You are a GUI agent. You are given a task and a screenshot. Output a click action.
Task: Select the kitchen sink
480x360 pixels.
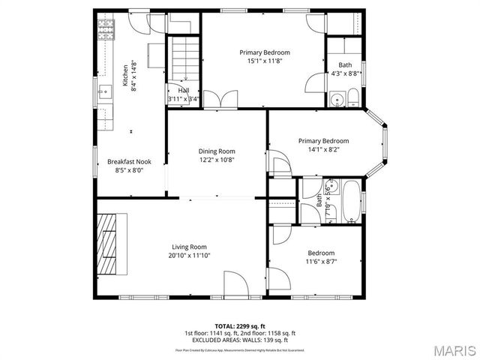pyautogui.click(x=104, y=93)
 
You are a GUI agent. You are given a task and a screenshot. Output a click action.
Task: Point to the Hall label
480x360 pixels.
pyautogui.click(x=184, y=90)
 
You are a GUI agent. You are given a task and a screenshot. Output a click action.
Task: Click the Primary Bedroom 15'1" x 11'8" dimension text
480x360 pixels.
pyautogui.click(x=265, y=61)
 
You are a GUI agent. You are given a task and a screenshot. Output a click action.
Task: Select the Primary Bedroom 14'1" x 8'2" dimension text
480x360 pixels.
pyautogui.click(x=323, y=150)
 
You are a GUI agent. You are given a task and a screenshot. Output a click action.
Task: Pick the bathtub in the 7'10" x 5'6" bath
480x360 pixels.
pyautogui.click(x=351, y=200)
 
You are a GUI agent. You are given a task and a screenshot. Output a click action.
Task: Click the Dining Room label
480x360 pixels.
pyautogui.click(x=217, y=151)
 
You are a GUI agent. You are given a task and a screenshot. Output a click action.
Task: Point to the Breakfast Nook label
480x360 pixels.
pyautogui.click(x=129, y=161)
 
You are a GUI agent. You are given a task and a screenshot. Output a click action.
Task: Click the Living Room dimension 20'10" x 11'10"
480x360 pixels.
pyautogui.click(x=189, y=256)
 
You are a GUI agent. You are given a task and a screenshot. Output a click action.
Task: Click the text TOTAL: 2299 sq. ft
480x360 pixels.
pyautogui.click(x=240, y=326)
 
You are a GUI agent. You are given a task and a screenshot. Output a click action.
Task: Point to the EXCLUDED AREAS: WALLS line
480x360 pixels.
pyautogui.click(x=240, y=340)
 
